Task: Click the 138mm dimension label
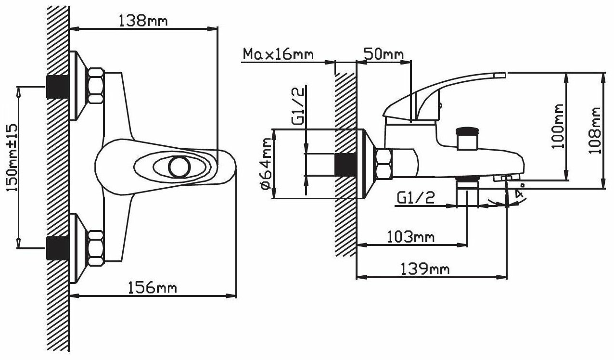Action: click(143, 21)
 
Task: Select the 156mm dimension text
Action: click(153, 288)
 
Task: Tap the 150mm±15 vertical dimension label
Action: click(12, 158)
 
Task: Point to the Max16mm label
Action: click(278, 54)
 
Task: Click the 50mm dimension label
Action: click(384, 54)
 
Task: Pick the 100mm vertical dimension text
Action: click(558, 126)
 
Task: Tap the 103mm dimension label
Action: click(410, 237)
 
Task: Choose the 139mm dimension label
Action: click(425, 269)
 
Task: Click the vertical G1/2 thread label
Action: click(298, 106)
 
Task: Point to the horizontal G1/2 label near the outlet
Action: click(416, 197)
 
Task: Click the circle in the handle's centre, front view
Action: click(179, 167)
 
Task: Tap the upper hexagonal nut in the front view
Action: click(96, 85)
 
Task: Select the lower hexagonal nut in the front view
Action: click(96, 248)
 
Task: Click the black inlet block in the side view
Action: click(345, 165)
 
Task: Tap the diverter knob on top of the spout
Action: click(467, 139)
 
